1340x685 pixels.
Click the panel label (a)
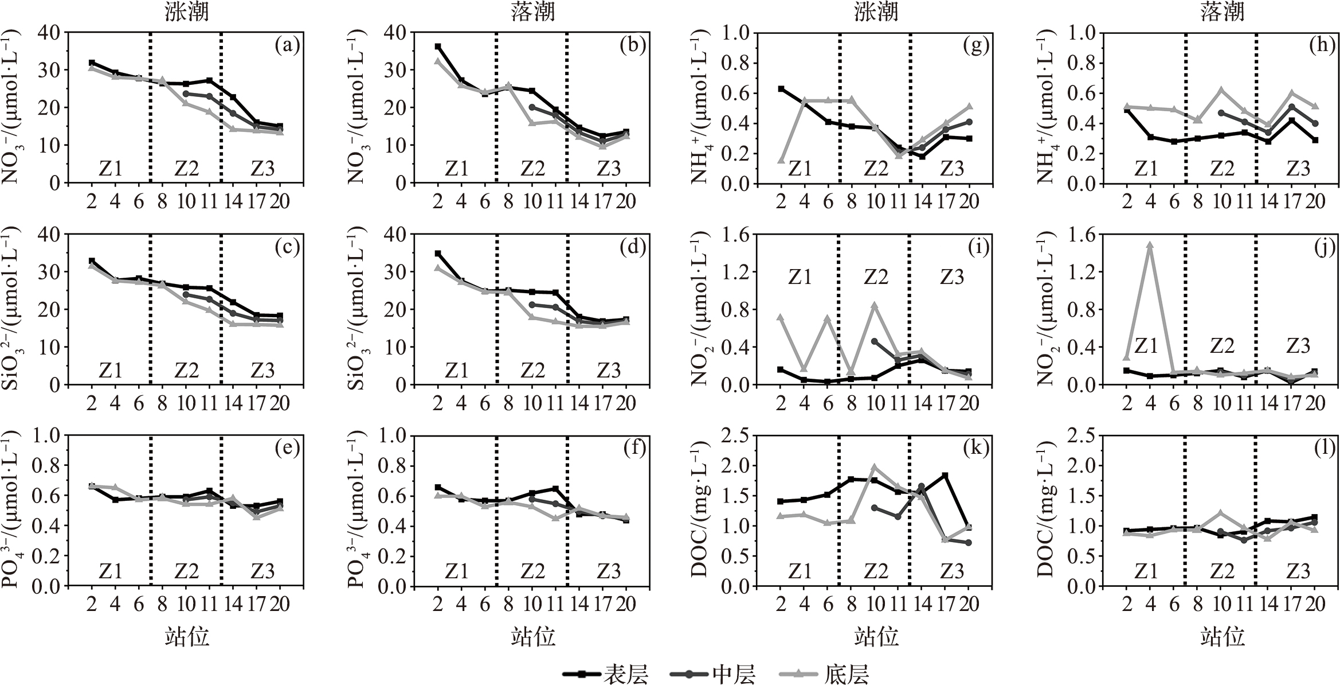coord(287,45)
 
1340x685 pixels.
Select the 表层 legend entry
coord(606,675)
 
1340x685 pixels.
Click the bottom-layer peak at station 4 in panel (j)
coord(1149,245)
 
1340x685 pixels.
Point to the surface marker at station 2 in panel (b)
coord(438,46)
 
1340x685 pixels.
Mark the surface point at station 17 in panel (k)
coord(945,475)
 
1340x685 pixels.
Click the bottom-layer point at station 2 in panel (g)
coord(781,160)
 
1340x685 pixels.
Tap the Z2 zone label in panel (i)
coord(876,277)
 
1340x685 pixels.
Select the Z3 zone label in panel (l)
coord(1298,571)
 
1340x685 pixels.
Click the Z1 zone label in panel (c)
coord(111,370)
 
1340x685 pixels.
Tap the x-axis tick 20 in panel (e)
coord(280,604)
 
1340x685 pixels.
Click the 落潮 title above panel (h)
coord(1222,12)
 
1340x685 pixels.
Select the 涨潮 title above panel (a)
coord(186,12)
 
